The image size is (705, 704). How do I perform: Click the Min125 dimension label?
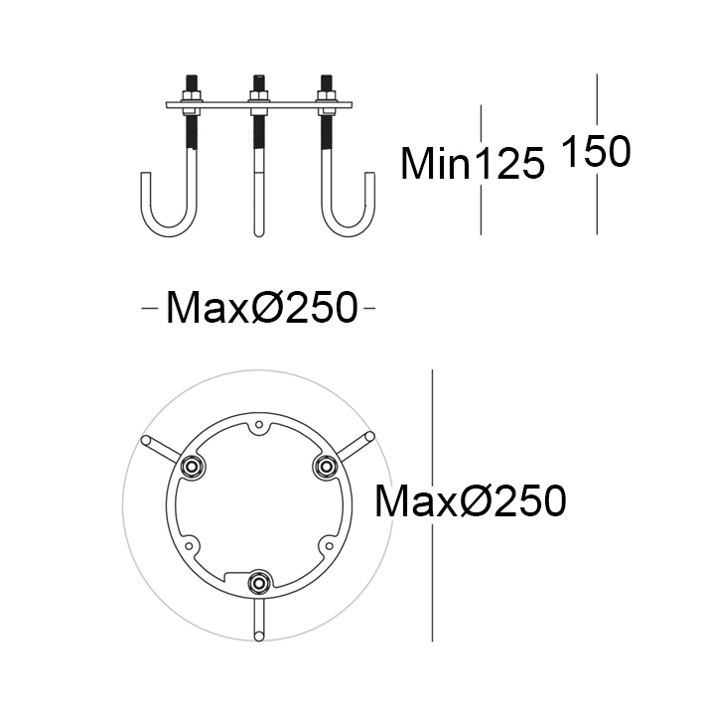coord(472,164)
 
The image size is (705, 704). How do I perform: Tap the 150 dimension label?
coord(596,152)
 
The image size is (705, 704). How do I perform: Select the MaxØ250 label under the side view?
coord(262,308)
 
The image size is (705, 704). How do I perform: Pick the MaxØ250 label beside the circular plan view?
coord(471,501)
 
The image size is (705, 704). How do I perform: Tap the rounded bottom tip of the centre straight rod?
coord(258,233)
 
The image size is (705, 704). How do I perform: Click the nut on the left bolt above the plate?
coord(191,95)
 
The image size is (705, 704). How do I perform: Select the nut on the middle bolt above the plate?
coord(258,95)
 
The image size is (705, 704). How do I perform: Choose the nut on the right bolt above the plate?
coord(326,95)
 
